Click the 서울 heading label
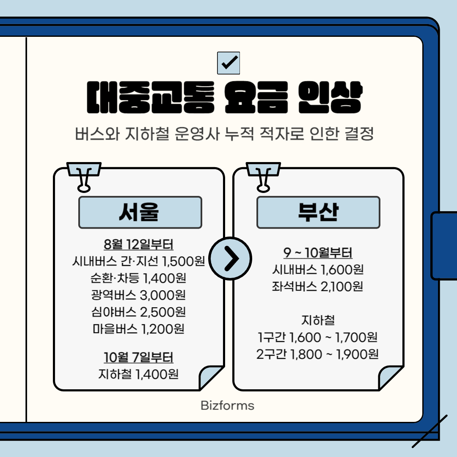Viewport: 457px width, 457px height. [140, 212]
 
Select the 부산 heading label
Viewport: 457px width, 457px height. [318, 212]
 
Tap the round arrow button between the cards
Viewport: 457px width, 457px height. [231, 258]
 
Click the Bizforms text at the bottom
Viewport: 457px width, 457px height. [228, 406]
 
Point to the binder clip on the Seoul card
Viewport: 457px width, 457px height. [84, 176]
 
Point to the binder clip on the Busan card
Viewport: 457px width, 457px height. [263, 176]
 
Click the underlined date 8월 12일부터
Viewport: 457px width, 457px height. [138, 245]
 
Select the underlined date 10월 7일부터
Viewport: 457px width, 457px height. [138, 358]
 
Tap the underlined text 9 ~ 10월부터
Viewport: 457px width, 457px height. [318, 253]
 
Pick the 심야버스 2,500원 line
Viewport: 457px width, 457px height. [138, 312]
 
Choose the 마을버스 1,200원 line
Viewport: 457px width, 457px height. [138, 329]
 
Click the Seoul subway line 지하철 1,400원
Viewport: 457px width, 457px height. [138, 374]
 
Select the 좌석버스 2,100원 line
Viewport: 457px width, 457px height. [318, 286]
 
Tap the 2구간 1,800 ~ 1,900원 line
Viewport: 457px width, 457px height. [318, 354]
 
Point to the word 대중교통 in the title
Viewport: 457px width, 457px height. [149, 99]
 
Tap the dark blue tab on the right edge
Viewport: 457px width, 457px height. [444, 245]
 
